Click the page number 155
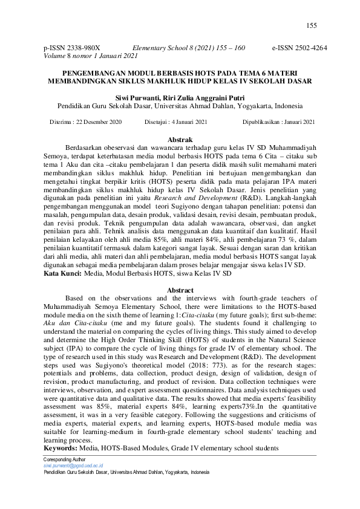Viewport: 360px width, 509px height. click(312, 25)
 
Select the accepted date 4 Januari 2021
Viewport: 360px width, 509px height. click(189, 122)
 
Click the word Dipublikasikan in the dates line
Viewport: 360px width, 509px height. click(262, 122)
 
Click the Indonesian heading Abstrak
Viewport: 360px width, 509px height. click(179, 139)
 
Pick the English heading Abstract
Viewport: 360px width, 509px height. click(179, 290)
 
